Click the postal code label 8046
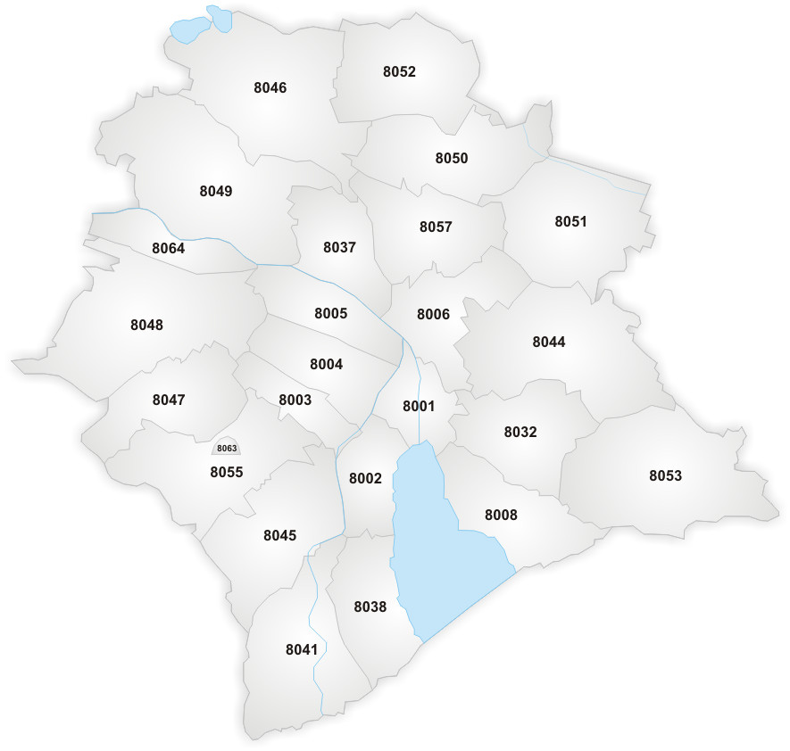pos(270,87)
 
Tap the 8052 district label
pos(399,71)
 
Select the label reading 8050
pos(451,158)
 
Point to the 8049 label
pos(215,191)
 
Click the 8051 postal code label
pos(570,221)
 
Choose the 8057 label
pos(436,227)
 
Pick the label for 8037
pos(339,247)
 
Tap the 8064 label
pos(168,248)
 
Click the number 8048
pos(146,325)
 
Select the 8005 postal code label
pos(330,313)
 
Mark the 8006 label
pos(433,314)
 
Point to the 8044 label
pos(548,342)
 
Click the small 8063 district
pos(227,449)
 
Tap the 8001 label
pos(418,406)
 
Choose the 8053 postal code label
pos(665,475)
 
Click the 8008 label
pos(501,515)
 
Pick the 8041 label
pos(302,649)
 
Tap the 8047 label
pos(168,400)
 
